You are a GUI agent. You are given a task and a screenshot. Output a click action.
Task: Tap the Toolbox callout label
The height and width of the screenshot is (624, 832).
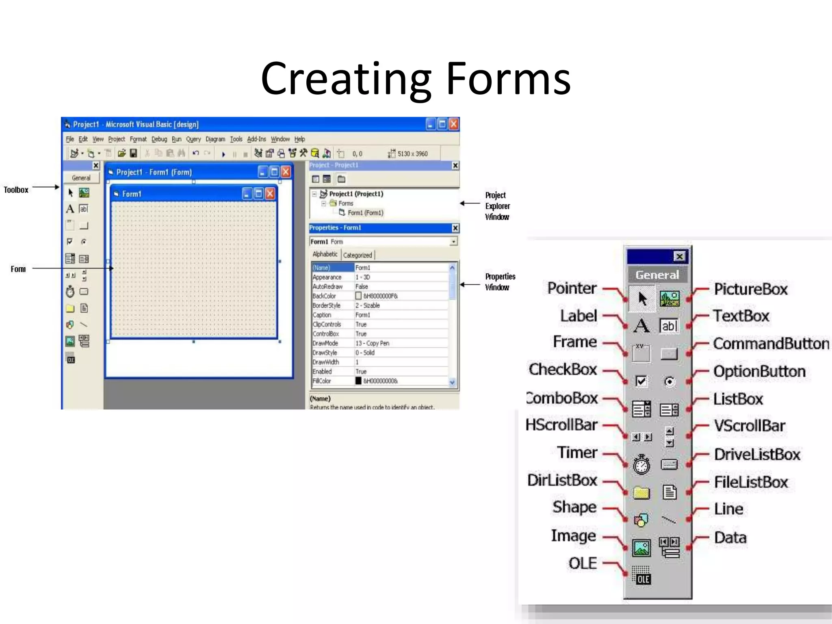[16, 190]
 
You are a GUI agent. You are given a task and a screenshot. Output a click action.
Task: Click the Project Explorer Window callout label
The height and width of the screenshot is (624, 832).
[497, 206]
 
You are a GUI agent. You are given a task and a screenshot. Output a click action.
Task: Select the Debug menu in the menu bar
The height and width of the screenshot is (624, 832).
[159, 139]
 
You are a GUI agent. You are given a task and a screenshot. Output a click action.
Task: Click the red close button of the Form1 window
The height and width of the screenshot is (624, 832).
[270, 194]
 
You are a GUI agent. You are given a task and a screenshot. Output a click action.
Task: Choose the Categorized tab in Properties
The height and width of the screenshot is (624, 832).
[357, 255]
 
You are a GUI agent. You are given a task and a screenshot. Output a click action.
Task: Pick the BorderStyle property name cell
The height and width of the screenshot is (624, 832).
[327, 305]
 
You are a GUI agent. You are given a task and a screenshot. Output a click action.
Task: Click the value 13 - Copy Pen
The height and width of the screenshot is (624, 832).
[372, 343]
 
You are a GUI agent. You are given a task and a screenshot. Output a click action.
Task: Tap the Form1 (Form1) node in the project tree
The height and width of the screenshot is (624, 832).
[365, 212]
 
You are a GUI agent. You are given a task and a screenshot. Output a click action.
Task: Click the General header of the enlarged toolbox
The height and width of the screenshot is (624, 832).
[657, 275]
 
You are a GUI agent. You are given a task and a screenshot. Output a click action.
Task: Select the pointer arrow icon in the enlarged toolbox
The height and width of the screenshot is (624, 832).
[642, 299]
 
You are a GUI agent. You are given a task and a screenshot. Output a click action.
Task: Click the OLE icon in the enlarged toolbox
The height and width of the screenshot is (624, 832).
[642, 576]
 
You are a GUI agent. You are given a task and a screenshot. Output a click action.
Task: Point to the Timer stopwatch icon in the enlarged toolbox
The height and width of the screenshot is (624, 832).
[641, 464]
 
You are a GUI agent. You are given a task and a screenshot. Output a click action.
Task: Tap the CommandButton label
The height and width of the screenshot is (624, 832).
[771, 344]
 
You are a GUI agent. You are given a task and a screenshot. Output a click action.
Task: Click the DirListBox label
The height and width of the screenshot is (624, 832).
[562, 480]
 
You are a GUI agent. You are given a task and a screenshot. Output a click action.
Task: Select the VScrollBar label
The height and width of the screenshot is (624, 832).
[750, 426]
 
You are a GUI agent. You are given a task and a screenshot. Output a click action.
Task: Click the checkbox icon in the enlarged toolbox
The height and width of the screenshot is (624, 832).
[641, 381]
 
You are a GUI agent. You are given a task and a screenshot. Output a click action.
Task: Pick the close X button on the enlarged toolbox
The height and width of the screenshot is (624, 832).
[679, 256]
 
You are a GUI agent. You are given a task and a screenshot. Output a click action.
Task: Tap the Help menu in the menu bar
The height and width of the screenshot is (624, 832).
[299, 139]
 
